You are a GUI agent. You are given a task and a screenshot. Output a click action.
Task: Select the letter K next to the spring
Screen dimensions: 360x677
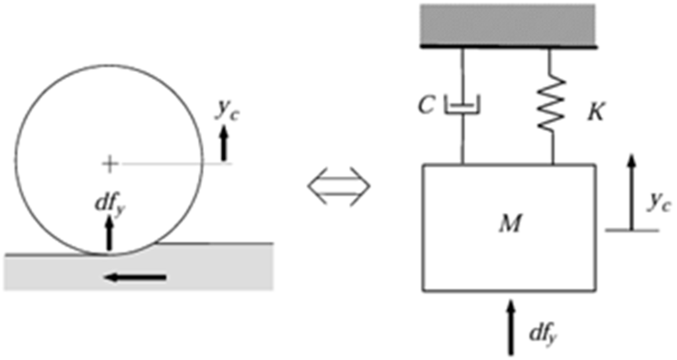[x=595, y=113]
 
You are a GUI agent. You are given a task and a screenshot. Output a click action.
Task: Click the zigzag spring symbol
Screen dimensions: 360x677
[x=552, y=104]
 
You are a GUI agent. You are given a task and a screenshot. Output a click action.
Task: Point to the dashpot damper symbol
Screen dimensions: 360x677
[x=462, y=105]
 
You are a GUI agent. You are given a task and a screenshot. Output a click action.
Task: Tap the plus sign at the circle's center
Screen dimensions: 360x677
[x=110, y=164]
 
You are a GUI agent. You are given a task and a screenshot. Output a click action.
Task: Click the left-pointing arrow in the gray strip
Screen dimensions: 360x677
[x=136, y=277]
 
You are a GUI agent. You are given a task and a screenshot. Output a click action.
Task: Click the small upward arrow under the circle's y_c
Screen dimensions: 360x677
[x=223, y=143]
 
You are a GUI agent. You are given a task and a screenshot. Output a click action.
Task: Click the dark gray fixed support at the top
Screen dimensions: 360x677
[x=508, y=25]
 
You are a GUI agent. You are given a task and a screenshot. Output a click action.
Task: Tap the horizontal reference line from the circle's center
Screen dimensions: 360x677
[x=176, y=164]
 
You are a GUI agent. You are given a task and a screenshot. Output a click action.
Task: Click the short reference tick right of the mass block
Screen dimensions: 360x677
[x=632, y=231]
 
